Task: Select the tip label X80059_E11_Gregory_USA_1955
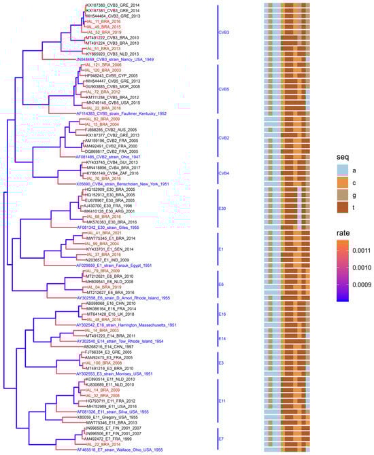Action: (x=105, y=417)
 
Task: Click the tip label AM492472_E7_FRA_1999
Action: (x=104, y=439)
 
